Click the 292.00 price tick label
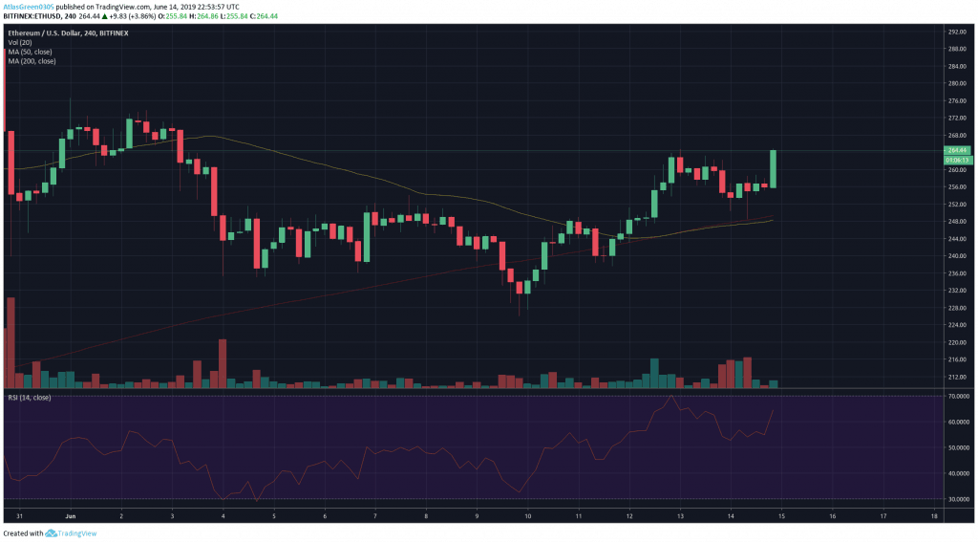[x=956, y=32]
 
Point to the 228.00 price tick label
[x=956, y=308]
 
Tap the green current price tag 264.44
[x=957, y=150]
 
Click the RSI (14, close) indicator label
[x=30, y=397]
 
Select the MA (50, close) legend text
[x=30, y=52]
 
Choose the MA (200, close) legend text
[x=32, y=61]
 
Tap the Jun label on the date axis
[x=71, y=514]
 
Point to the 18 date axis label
[x=933, y=514]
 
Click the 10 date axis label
[x=528, y=514]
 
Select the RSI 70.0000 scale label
[x=958, y=396]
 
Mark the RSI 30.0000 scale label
[x=958, y=498]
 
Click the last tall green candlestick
[x=773, y=168]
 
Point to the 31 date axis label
[x=20, y=514]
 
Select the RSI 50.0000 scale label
[x=958, y=447]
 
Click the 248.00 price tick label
[x=956, y=222]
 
